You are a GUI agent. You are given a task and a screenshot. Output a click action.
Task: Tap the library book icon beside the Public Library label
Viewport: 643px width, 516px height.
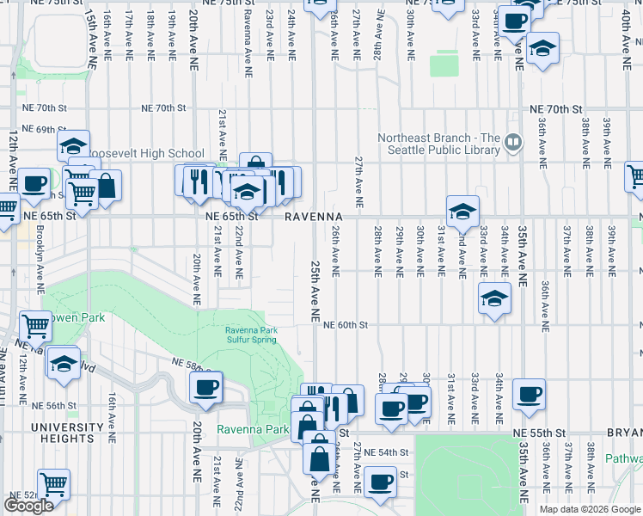513,141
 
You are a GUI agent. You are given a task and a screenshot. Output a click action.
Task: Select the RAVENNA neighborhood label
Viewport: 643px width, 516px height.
315,217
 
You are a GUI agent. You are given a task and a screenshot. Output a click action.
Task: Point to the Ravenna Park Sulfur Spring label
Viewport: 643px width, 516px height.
251,335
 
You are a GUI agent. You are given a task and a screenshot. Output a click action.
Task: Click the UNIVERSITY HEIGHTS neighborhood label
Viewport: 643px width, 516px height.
67,427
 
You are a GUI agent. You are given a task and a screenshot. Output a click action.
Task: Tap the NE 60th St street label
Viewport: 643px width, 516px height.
346,325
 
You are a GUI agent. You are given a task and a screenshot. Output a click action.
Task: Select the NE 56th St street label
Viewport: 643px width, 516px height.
55,405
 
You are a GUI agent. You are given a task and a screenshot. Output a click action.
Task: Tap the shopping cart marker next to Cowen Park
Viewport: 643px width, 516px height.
35,326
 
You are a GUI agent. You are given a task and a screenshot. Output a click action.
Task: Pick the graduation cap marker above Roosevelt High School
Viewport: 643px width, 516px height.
75,144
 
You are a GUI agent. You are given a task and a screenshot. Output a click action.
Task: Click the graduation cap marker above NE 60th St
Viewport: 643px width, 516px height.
493,299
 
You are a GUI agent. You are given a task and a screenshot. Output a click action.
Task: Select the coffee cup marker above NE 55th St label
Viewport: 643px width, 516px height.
529,395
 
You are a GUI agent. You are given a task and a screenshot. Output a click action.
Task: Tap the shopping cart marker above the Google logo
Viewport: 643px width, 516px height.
53,485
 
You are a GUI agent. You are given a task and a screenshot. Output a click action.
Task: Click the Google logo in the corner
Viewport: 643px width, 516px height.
28,506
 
